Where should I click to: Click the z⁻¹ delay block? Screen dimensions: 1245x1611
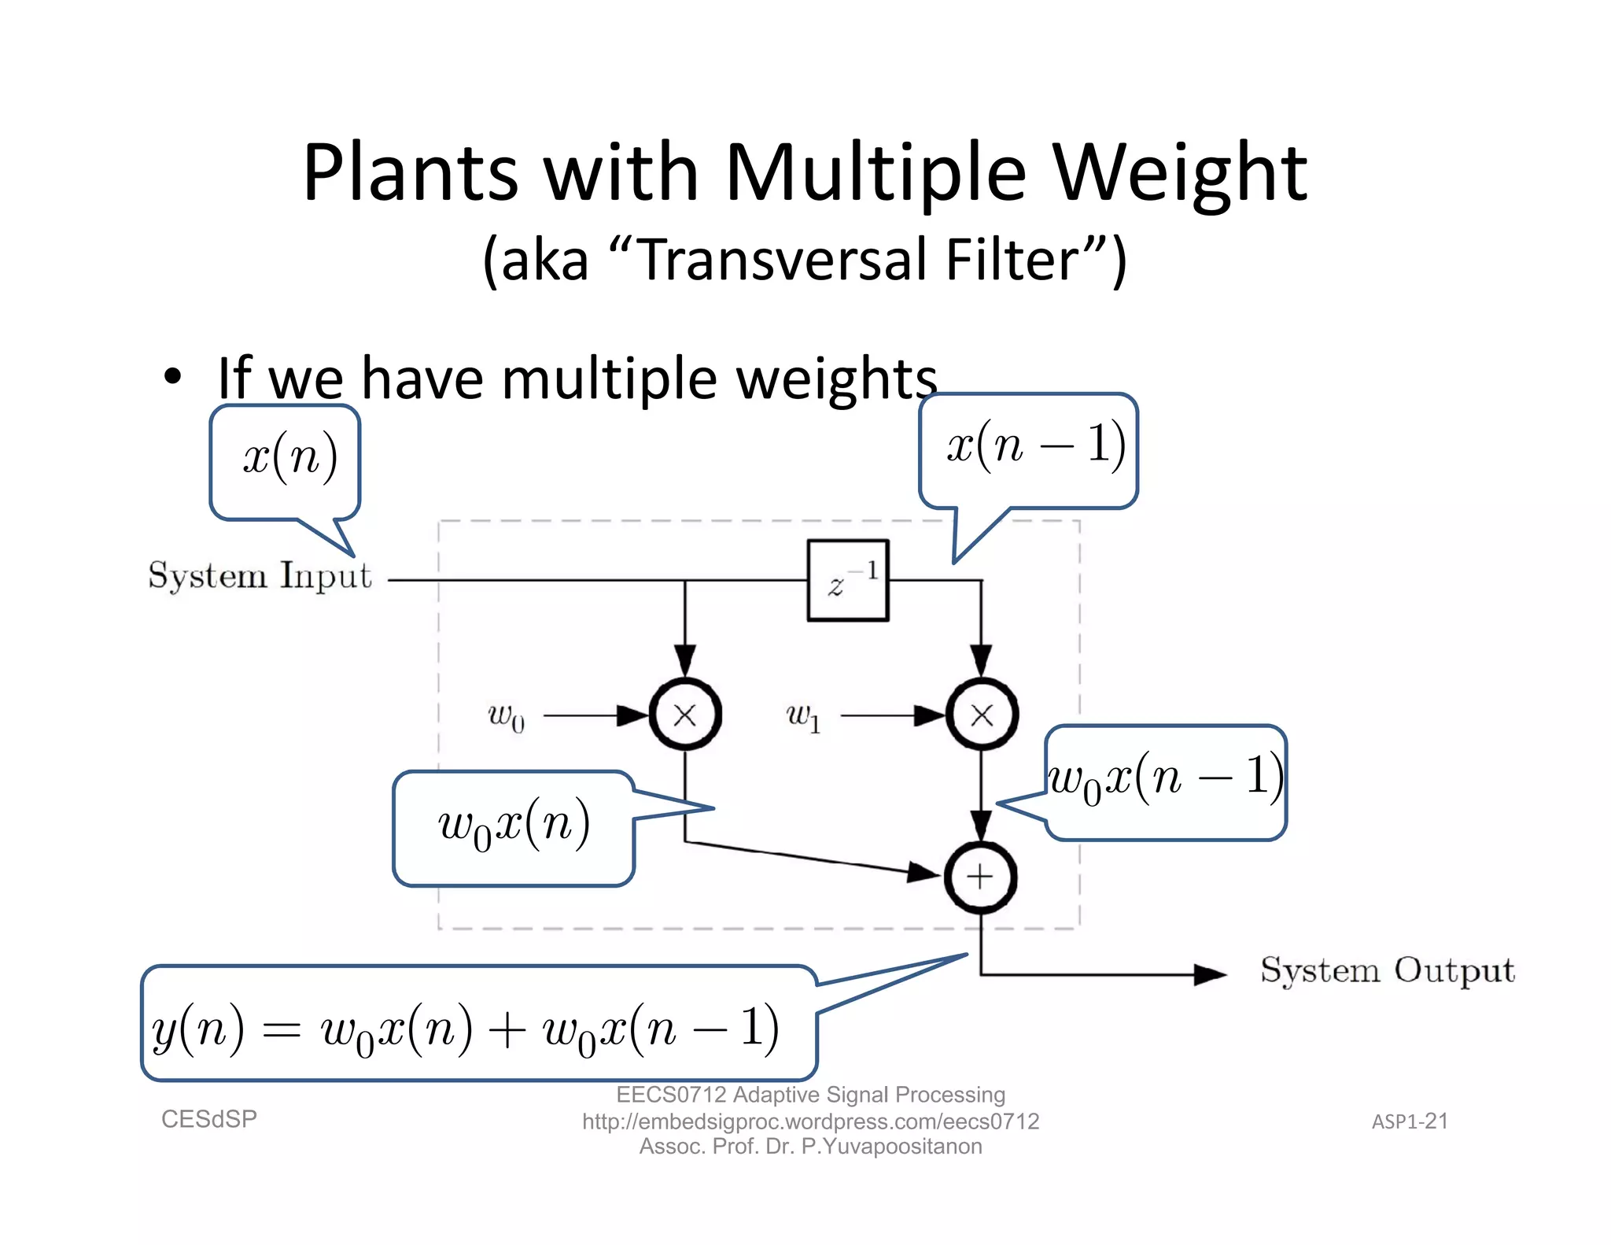(848, 581)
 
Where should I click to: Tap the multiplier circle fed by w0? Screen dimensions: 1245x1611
(685, 715)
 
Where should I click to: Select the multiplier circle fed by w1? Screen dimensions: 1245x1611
(982, 715)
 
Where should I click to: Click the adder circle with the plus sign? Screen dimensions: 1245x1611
(980, 877)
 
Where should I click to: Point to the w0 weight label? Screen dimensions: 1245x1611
(506, 716)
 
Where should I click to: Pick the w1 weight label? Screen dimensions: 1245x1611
(803, 716)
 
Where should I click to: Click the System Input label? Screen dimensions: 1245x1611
(260, 576)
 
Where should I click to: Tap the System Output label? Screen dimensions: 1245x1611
(1387, 970)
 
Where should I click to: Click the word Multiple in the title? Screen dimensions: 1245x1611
(875, 172)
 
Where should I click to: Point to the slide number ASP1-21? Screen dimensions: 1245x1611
(1410, 1121)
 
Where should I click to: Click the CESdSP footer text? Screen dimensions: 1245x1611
(209, 1118)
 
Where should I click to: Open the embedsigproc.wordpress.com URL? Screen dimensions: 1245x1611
(810, 1121)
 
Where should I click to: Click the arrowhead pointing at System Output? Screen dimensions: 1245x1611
(1209, 974)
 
